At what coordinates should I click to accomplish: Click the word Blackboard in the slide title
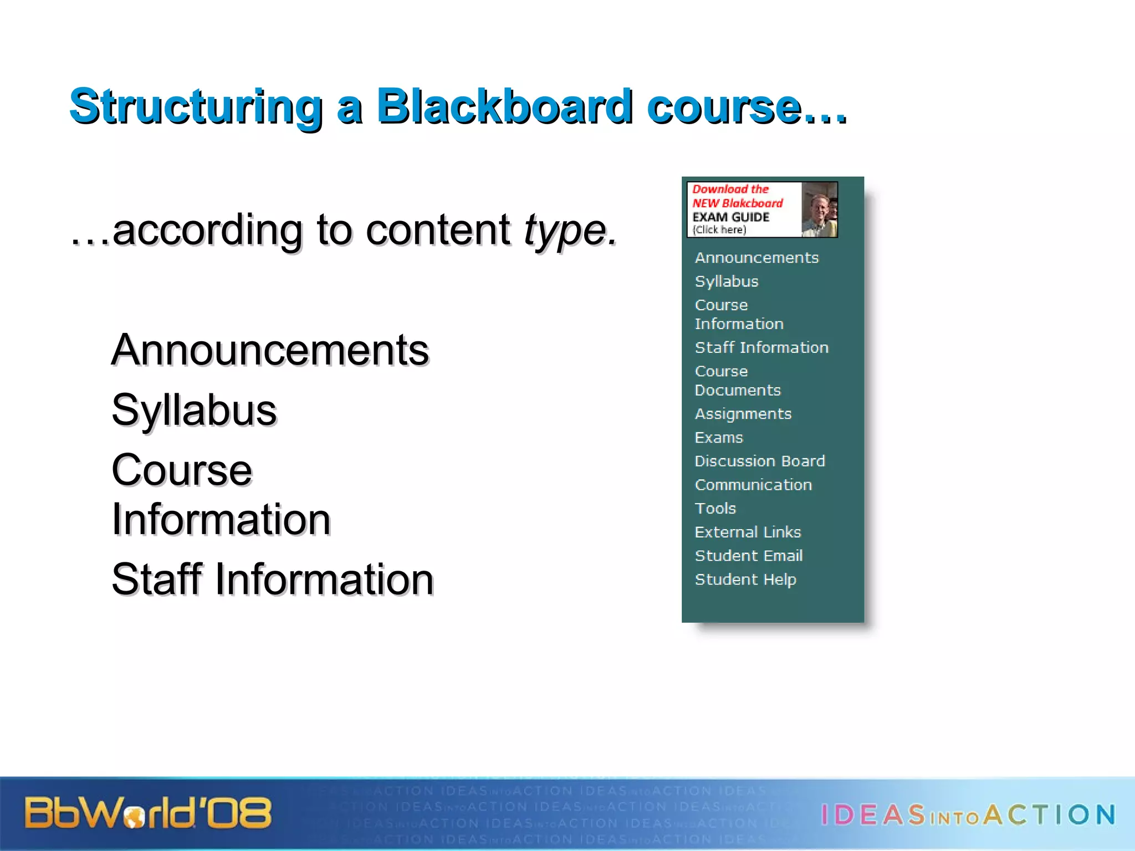(x=504, y=106)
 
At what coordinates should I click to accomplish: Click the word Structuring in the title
(x=196, y=106)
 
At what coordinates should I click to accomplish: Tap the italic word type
(x=570, y=230)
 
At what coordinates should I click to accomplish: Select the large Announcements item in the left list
(x=270, y=350)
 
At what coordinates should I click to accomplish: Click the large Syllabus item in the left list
(x=194, y=410)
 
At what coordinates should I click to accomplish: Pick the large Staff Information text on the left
(x=273, y=580)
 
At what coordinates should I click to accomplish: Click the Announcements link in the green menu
(x=756, y=258)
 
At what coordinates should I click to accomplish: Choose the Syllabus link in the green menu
(x=727, y=281)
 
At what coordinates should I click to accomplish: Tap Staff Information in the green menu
(x=761, y=347)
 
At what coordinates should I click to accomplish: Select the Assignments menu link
(x=743, y=414)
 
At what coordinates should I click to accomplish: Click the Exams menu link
(x=719, y=438)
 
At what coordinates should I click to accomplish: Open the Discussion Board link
(x=760, y=461)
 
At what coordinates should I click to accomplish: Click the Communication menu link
(x=753, y=485)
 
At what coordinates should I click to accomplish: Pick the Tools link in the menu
(x=715, y=509)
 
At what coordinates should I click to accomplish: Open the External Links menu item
(x=748, y=532)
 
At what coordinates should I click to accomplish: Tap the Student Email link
(x=749, y=556)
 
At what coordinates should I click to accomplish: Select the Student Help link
(x=745, y=580)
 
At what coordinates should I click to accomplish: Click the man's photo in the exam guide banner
(x=819, y=210)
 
